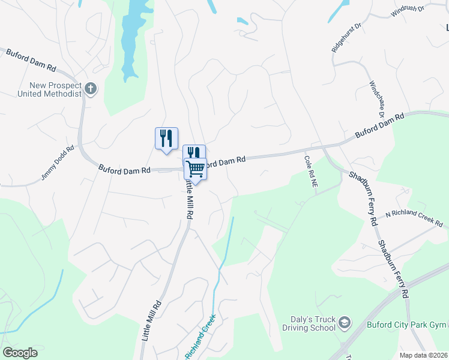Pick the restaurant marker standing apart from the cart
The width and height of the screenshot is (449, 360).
166,137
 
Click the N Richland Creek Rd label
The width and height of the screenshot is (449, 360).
414,219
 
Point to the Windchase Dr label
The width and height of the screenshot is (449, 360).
376,98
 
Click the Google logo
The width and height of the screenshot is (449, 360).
20,353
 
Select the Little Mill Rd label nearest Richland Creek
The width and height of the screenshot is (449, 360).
151,321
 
